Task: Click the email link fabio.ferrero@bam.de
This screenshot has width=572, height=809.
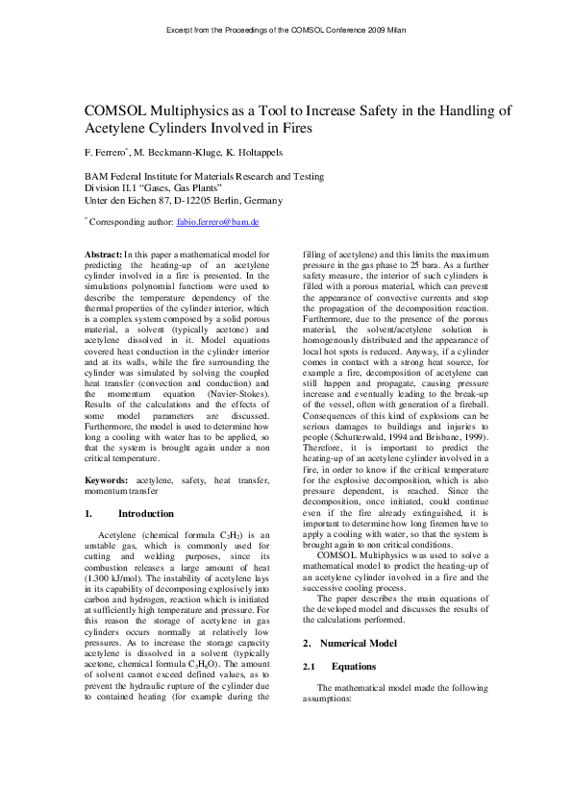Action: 218,221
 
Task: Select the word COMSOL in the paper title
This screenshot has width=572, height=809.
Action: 116,110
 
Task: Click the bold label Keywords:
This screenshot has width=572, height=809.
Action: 106,478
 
